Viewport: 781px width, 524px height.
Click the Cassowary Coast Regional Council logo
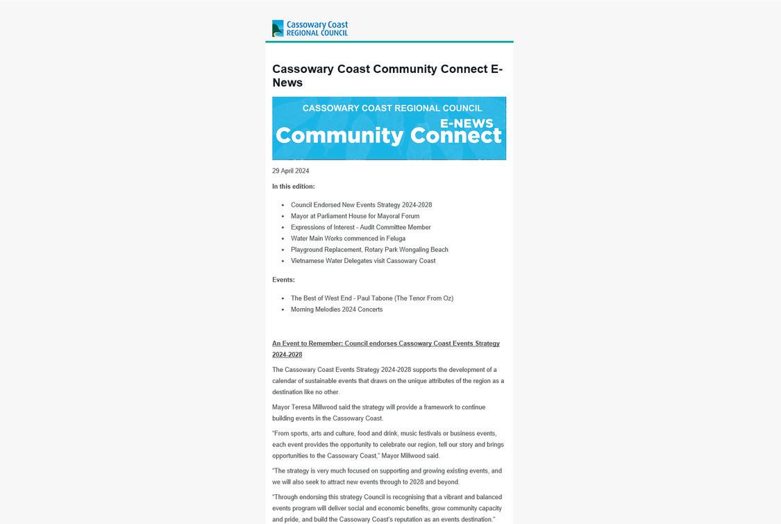click(x=310, y=28)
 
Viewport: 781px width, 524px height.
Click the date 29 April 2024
click(x=290, y=171)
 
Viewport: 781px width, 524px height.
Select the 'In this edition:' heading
click(x=293, y=186)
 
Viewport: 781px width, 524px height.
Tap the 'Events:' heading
click(x=283, y=280)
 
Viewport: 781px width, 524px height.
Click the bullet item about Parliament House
click(x=355, y=216)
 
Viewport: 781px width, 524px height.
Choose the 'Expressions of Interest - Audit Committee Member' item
click(x=360, y=227)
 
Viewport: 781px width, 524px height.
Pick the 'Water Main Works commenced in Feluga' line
click(x=348, y=238)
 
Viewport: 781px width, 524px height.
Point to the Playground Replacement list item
click(x=369, y=249)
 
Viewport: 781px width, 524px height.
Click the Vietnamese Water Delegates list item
click(x=363, y=261)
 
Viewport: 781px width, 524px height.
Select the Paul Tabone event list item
click(x=371, y=298)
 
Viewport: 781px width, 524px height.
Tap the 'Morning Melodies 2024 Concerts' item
click(x=337, y=310)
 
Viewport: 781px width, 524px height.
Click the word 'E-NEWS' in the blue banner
click(x=467, y=124)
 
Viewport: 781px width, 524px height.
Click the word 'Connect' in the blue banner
click(x=455, y=135)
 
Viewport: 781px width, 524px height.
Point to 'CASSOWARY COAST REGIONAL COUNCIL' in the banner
click(x=392, y=108)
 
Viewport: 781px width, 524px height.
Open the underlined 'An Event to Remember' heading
click(x=385, y=344)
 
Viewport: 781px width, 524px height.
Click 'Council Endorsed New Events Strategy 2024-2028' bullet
click(x=361, y=205)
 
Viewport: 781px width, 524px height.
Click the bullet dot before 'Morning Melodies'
click(x=283, y=310)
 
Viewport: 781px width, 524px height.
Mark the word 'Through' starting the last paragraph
click(x=287, y=497)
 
